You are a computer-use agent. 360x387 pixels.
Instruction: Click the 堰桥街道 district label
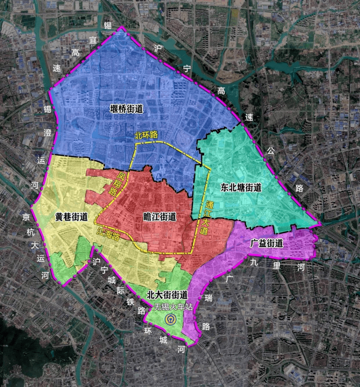[126, 109]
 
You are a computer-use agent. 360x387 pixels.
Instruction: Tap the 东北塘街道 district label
[241, 187]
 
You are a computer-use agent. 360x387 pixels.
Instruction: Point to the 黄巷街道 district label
[71, 217]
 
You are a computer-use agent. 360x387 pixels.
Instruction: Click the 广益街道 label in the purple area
[267, 243]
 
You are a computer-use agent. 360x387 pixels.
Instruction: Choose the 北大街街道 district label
[167, 295]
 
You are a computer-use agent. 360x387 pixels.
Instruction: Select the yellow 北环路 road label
[147, 135]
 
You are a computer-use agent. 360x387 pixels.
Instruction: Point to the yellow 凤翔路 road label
[116, 182]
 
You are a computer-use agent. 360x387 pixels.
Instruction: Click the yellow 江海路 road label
[108, 233]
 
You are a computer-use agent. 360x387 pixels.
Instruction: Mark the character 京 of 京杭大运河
[27, 218]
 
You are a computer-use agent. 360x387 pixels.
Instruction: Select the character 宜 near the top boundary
[93, 40]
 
